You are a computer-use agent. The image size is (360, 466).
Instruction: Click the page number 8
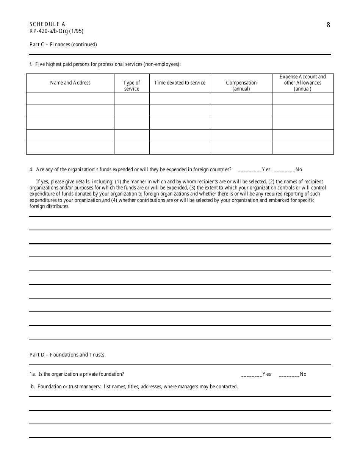pyautogui.click(x=328, y=25)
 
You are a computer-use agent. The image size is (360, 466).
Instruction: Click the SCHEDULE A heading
pyautogui.click(x=47, y=24)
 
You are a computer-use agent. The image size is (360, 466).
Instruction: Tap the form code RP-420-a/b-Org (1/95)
pyautogui.click(x=56, y=31)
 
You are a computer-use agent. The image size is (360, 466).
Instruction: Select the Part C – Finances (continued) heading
pyautogui.click(x=63, y=44)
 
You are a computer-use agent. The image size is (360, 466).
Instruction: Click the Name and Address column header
pyautogui.click(x=70, y=83)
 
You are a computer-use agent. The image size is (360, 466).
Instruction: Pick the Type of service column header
pyautogui.click(x=131, y=86)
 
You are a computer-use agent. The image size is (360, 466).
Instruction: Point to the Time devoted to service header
pyautogui.click(x=180, y=83)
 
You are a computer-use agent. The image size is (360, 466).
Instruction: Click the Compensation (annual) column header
pyautogui.click(x=241, y=86)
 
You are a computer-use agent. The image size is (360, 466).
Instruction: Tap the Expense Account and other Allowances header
pyautogui.click(x=302, y=83)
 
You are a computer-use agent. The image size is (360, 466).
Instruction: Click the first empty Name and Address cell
pyautogui.click(x=70, y=99)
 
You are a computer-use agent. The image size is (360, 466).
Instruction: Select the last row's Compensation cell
pyautogui.click(x=241, y=148)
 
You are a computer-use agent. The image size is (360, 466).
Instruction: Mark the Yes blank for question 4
pyautogui.click(x=250, y=170)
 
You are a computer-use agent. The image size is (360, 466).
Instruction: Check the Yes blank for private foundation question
pyautogui.click(x=252, y=374)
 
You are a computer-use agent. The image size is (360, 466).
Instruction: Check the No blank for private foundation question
pyautogui.click(x=289, y=374)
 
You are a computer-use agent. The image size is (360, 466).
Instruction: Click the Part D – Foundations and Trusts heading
pyautogui.click(x=67, y=355)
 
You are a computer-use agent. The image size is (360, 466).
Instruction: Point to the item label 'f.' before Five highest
pyautogui.click(x=31, y=64)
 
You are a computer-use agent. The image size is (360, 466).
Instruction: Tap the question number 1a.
pyautogui.click(x=33, y=374)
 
